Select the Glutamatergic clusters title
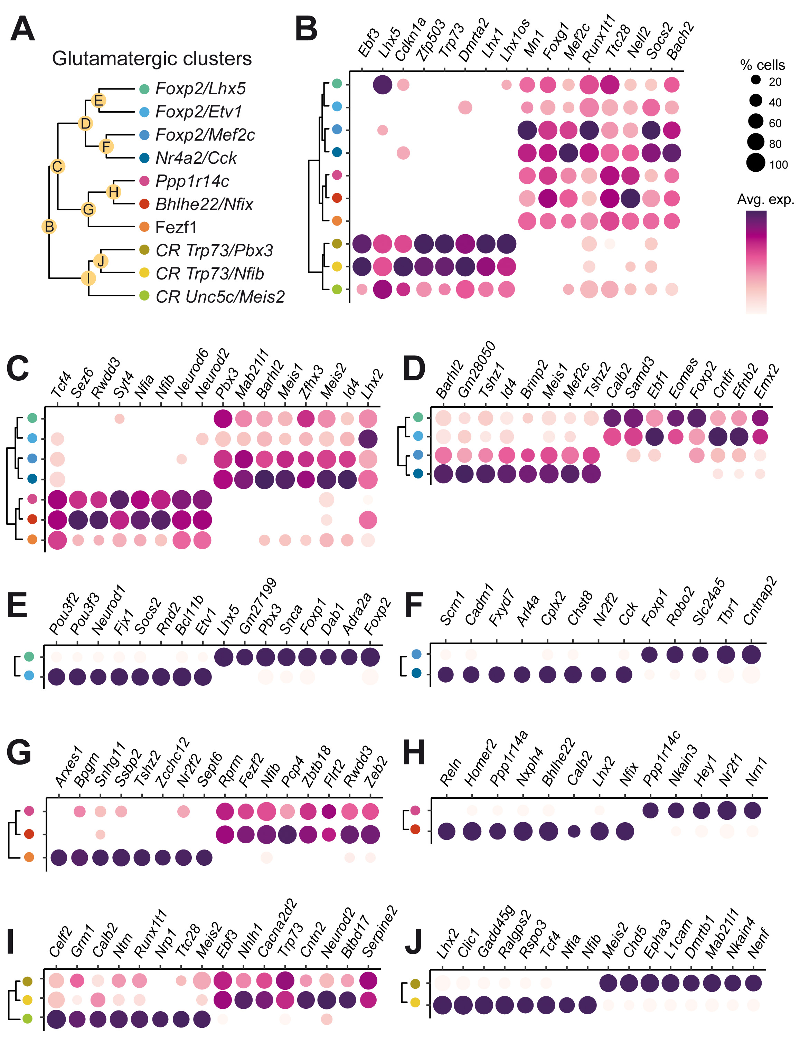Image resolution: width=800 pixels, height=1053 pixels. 151,58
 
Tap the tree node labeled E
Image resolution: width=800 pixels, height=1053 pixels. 98,101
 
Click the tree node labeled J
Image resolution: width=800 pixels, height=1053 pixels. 101,261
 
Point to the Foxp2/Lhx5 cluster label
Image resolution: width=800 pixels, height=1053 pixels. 200,88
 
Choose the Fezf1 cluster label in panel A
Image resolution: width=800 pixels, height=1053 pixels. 176,228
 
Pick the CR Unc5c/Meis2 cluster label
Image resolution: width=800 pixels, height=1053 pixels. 220,296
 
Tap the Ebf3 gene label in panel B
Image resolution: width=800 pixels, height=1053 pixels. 369,44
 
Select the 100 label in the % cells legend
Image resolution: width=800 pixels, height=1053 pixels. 778,165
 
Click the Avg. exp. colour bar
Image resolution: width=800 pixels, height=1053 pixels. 756,262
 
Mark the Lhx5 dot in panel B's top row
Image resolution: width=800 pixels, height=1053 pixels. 383,85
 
